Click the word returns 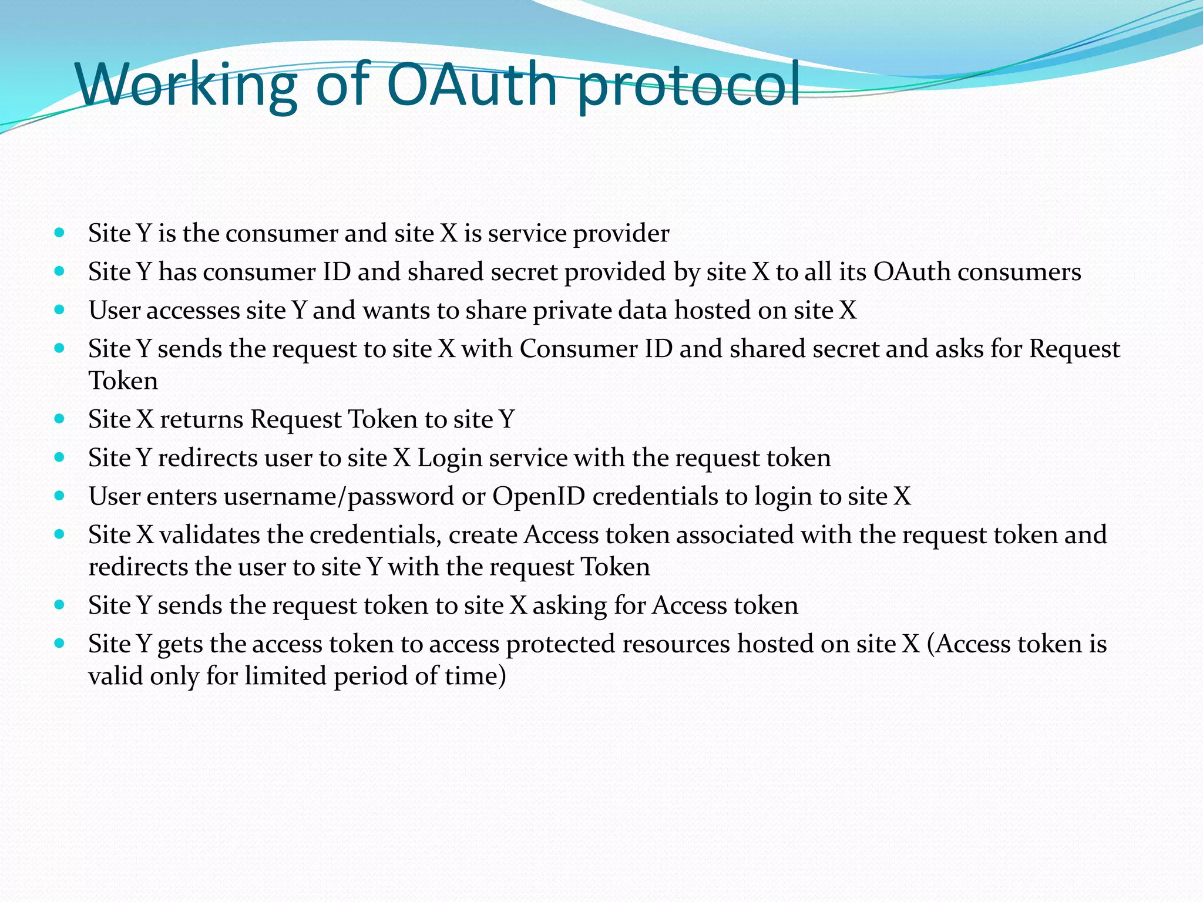coord(201,420)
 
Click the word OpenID coord(539,497)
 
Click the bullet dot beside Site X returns coord(59,419)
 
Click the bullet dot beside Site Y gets coord(59,644)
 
